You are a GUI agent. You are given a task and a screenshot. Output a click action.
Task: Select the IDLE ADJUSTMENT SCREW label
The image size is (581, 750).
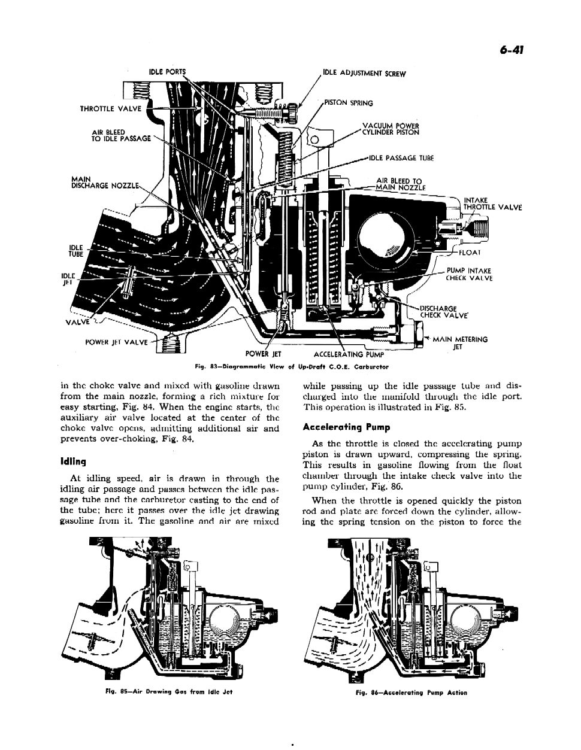click(364, 74)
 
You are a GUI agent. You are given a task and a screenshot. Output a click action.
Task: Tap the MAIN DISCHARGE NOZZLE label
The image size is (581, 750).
click(105, 181)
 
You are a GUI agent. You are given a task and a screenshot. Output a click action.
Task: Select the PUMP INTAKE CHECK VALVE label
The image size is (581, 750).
click(468, 274)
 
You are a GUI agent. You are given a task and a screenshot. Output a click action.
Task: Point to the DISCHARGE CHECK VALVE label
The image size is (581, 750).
click(439, 312)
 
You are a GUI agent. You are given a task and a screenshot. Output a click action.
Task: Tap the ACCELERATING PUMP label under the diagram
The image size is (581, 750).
click(349, 354)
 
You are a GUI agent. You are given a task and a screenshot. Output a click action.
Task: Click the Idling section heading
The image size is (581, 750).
click(74, 461)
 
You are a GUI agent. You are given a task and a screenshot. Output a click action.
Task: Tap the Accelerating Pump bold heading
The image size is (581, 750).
click(346, 427)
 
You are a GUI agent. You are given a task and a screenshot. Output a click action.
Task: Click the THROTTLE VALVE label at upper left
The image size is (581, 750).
click(111, 108)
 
